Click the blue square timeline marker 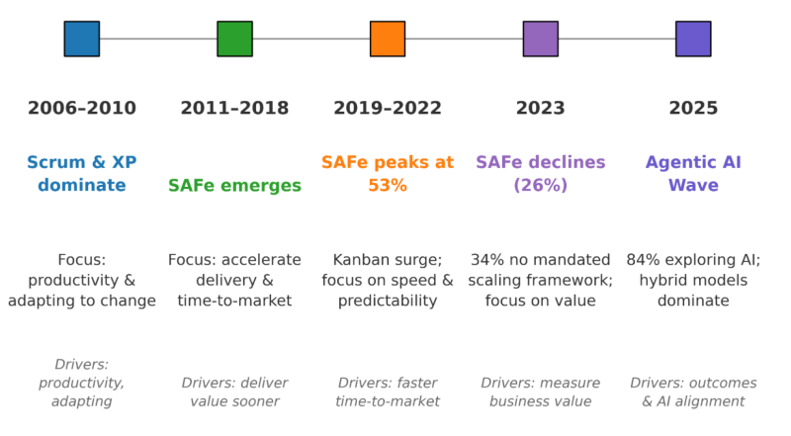coord(81,39)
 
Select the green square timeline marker coord(234,39)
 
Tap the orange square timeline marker coord(388,39)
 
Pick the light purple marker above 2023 coord(540,39)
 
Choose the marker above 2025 coord(693,39)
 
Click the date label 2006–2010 coord(81,109)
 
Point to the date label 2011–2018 coord(234,109)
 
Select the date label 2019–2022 coord(388,109)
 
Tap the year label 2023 coord(540,109)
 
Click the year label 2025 coord(693,109)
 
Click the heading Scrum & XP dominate coord(81,174)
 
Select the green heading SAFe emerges coord(234,186)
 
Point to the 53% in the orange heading coord(388,186)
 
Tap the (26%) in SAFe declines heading coord(540,186)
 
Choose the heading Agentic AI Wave coord(693,174)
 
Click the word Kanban coord(362,260)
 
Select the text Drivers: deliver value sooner coord(234,392)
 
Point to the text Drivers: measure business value coord(540,392)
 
